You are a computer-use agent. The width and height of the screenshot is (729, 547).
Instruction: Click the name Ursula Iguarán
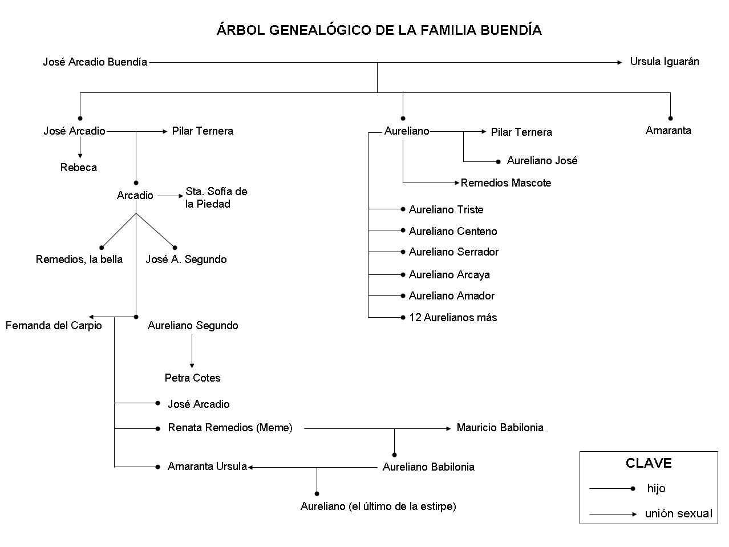click(664, 62)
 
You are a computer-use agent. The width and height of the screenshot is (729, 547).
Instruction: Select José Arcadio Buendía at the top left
click(95, 62)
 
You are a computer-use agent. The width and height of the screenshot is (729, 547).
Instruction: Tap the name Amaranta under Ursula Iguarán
click(668, 131)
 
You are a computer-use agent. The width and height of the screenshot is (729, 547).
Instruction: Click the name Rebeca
click(79, 168)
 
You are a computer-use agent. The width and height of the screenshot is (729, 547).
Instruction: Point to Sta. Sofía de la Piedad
click(216, 197)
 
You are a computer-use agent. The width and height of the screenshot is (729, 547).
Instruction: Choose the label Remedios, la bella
click(79, 260)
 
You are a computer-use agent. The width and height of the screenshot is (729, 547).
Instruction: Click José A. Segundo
click(186, 260)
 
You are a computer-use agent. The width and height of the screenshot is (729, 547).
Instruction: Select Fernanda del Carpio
click(54, 326)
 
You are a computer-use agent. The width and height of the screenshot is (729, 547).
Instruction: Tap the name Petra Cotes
click(192, 378)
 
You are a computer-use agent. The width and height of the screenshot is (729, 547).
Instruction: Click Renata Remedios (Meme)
click(230, 428)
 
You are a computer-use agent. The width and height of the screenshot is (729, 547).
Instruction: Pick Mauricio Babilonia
click(500, 428)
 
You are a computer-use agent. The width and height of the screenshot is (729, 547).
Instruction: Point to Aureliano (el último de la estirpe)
click(378, 507)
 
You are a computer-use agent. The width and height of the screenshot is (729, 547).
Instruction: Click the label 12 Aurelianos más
click(453, 318)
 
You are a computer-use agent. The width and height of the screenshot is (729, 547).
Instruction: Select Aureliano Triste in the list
click(446, 210)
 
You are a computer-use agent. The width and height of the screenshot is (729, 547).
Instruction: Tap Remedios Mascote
click(505, 183)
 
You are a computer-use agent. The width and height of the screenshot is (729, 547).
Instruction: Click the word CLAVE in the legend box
click(649, 463)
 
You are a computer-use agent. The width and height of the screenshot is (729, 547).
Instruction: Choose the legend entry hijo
click(656, 489)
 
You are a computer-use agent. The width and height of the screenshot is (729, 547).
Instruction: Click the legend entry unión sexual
click(678, 514)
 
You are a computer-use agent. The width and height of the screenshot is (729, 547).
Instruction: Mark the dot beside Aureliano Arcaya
click(403, 274)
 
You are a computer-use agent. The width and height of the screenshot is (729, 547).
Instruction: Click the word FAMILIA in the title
click(449, 30)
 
